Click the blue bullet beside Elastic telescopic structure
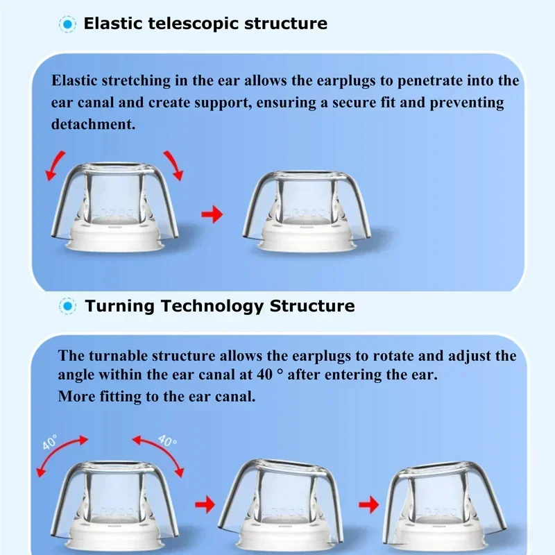tap(67, 24)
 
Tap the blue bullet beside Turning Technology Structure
tap(67, 306)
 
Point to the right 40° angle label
tap(167, 442)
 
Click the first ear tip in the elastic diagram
tap(114, 205)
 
